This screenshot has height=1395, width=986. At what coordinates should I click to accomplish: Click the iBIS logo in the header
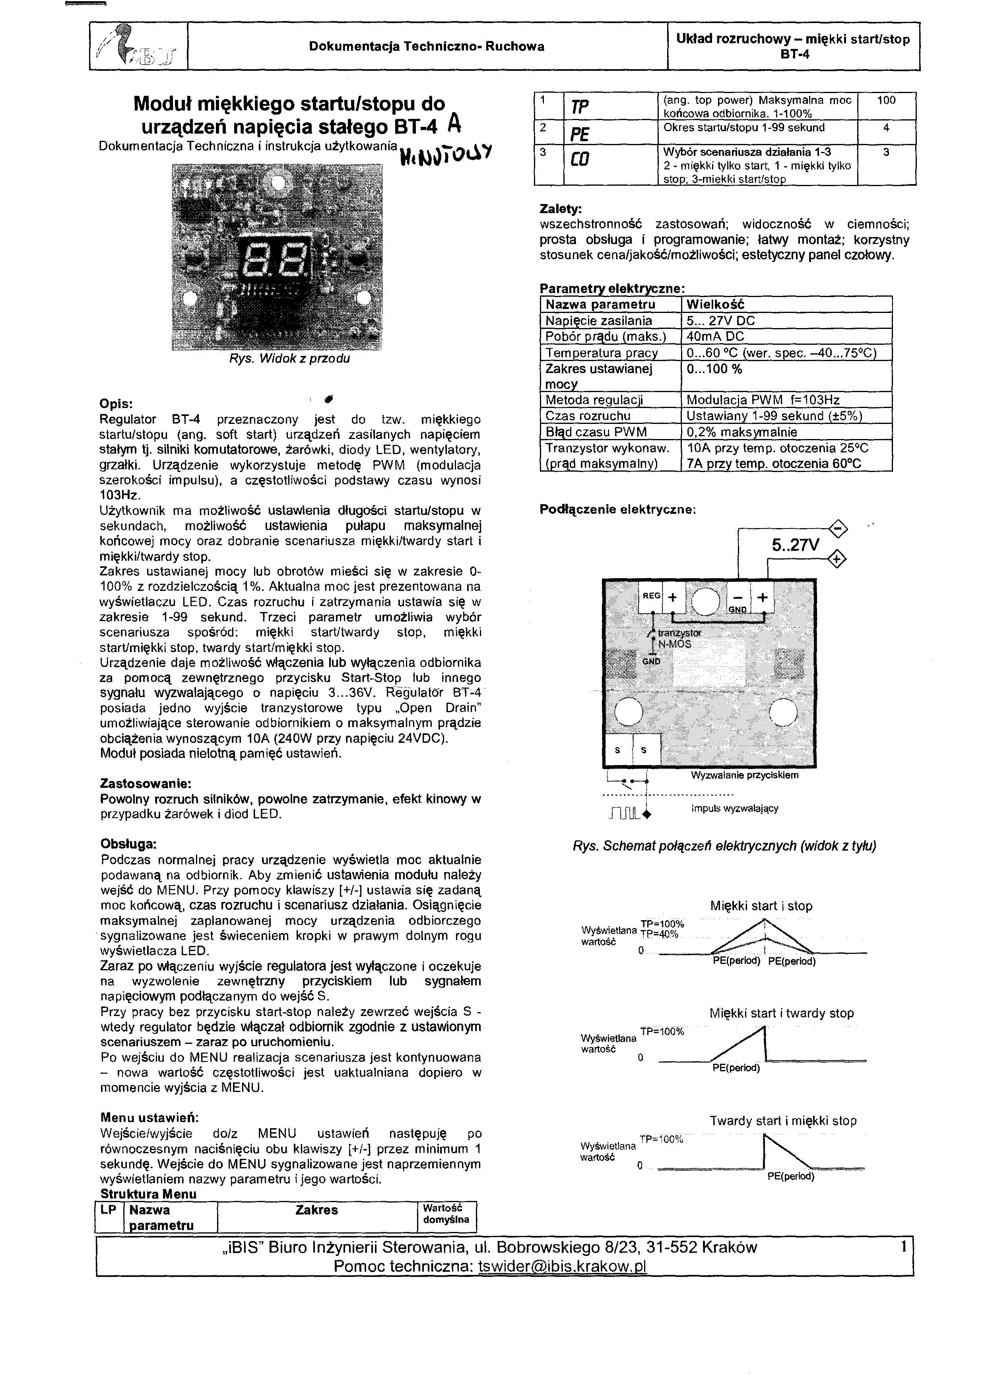[137, 46]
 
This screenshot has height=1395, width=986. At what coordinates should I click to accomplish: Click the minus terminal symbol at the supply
[838, 528]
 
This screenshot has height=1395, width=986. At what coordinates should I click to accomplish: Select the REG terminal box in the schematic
[651, 596]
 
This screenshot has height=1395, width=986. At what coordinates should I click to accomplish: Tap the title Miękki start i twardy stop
[781, 1013]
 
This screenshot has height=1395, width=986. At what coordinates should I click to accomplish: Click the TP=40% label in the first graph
[659, 935]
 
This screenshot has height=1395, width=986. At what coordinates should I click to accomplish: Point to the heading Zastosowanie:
[146, 784]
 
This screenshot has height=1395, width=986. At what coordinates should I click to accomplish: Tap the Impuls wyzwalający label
[734, 809]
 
